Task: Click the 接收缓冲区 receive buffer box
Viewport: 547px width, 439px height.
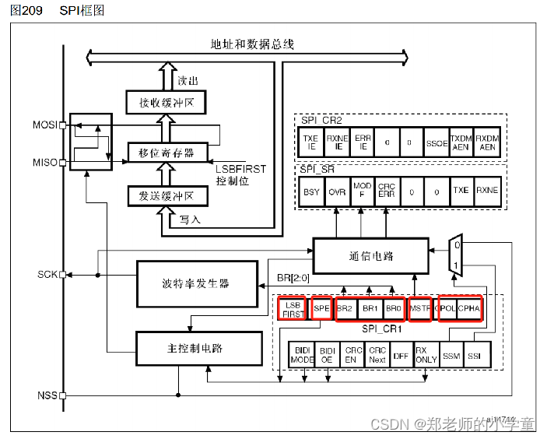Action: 160,102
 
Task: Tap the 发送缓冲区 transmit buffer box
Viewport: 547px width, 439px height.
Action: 160,195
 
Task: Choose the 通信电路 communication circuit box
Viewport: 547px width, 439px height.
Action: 370,255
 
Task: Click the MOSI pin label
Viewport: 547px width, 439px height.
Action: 45,125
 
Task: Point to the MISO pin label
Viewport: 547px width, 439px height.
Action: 45,163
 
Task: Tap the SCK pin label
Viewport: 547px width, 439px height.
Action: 47,275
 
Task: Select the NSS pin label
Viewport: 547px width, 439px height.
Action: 47,395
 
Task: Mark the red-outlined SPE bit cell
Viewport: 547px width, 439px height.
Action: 322,308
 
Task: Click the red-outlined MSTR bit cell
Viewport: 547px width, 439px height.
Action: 419,308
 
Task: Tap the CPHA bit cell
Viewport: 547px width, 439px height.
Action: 470,308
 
